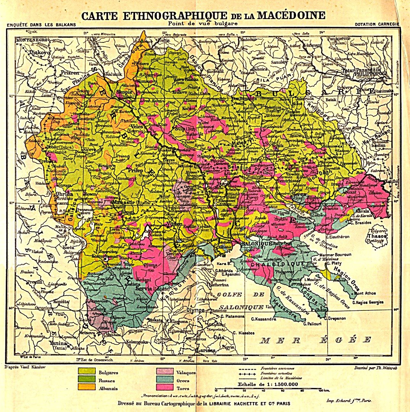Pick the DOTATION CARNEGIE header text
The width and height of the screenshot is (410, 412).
click(376, 24)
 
